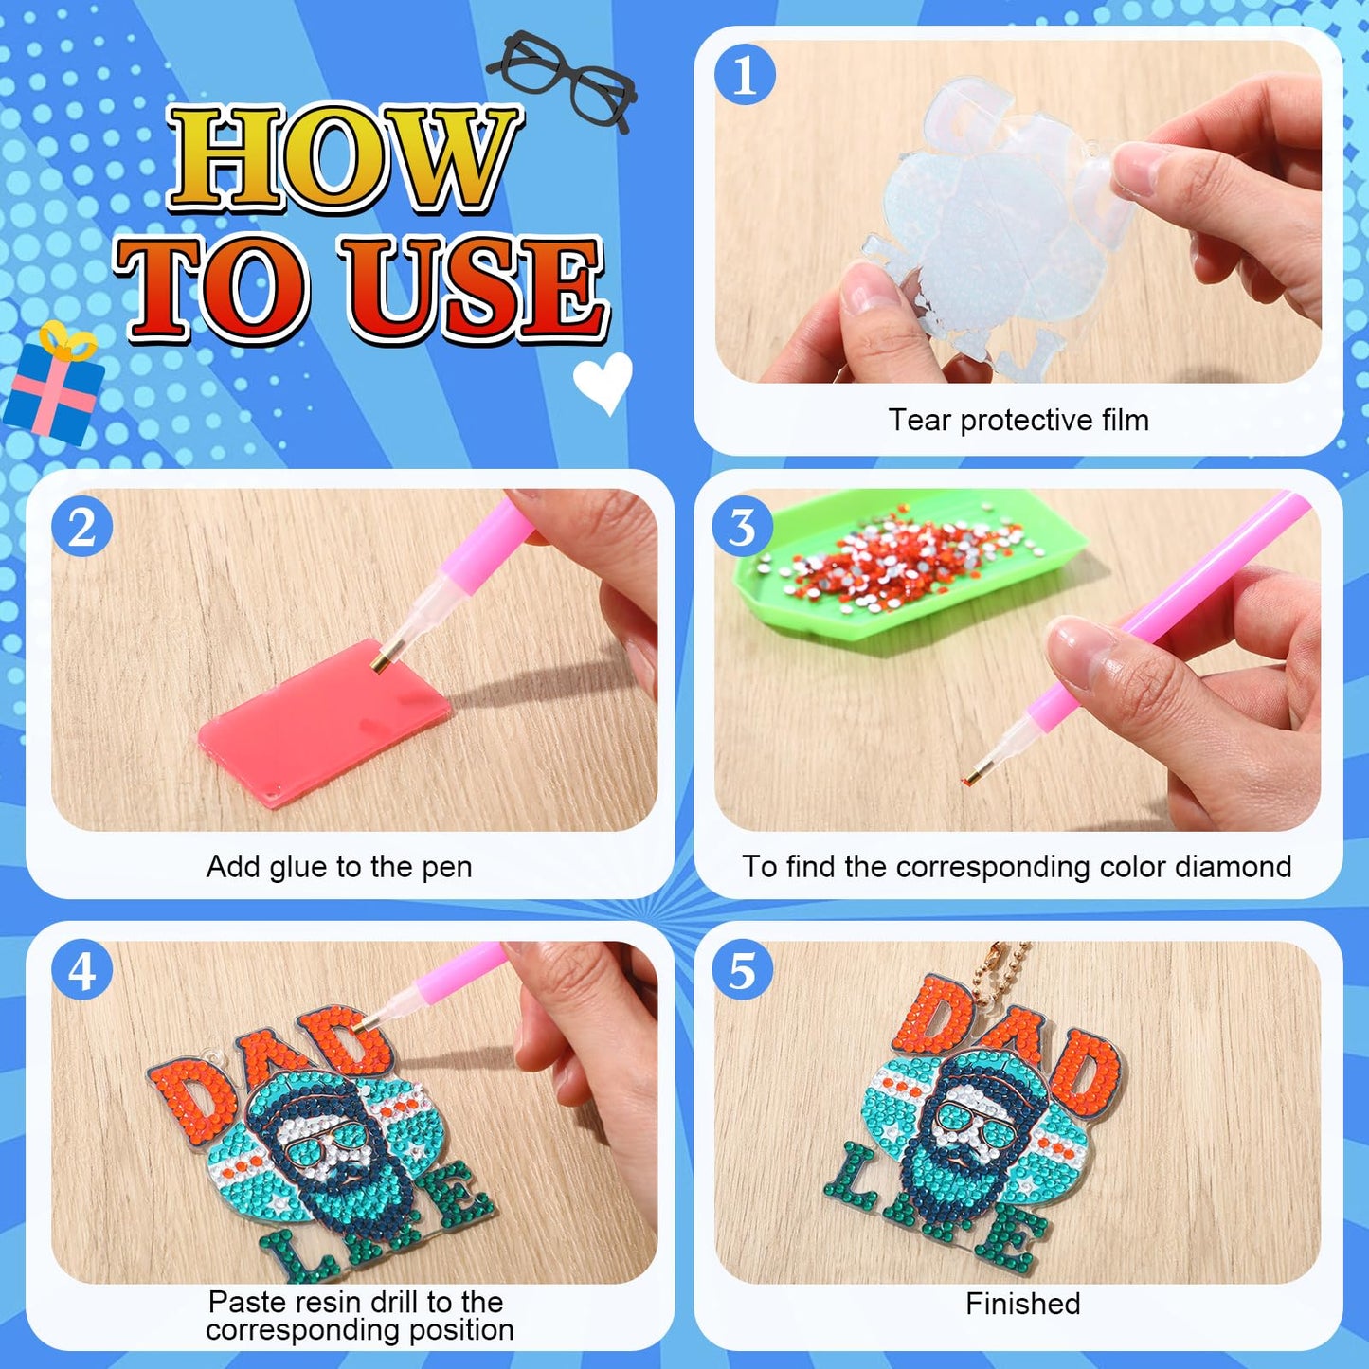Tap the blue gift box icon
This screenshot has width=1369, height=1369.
pos(53,387)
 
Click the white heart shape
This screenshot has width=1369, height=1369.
pos(603,382)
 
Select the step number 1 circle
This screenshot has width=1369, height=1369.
pos(744,75)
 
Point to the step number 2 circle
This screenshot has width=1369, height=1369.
pos(81,527)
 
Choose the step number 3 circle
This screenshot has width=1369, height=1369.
pos(743,527)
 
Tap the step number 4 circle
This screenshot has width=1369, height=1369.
pos(81,971)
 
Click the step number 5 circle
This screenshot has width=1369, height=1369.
pos(743,971)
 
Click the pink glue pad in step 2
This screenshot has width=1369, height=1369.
pos(325,722)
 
